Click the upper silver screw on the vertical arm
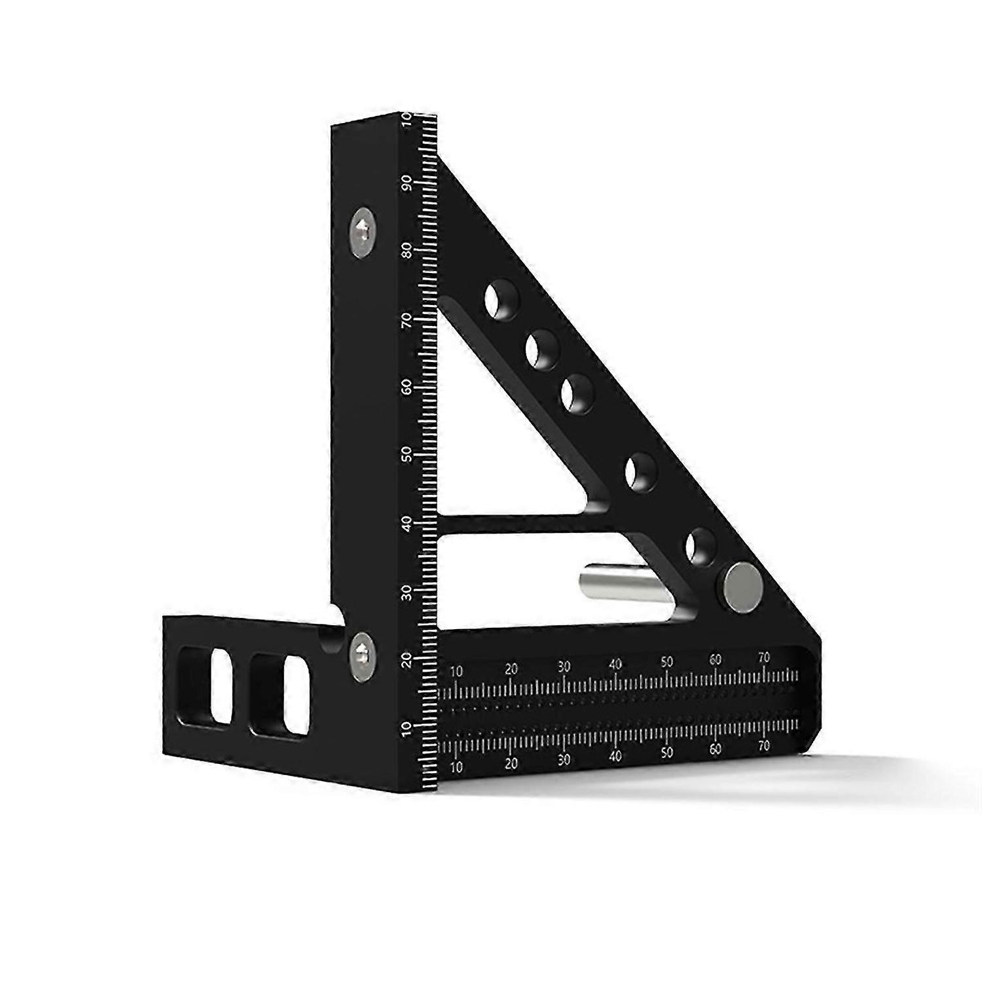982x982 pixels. pos(363,232)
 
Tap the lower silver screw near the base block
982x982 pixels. pos(361,652)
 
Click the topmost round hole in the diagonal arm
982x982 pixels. pos(502,300)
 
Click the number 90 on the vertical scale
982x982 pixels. pos(407,182)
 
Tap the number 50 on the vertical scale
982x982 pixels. pos(407,455)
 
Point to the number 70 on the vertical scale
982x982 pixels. pos(407,320)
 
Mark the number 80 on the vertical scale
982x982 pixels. pos(407,250)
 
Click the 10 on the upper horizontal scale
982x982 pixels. pos(456,671)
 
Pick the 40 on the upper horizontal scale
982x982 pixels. pos(615,664)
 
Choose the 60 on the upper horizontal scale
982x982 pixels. pos(716,660)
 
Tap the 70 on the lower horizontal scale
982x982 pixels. pos(763,746)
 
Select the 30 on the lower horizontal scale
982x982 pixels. pos(564,759)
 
